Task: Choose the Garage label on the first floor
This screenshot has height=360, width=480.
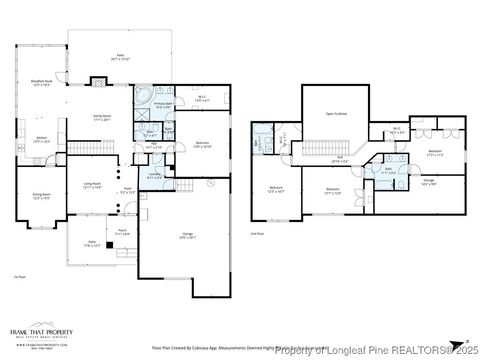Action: coord(186,235)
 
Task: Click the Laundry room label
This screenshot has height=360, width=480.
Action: coord(153,176)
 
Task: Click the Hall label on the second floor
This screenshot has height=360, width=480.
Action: coord(339,159)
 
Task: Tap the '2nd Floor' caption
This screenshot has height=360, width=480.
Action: coord(257,233)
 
